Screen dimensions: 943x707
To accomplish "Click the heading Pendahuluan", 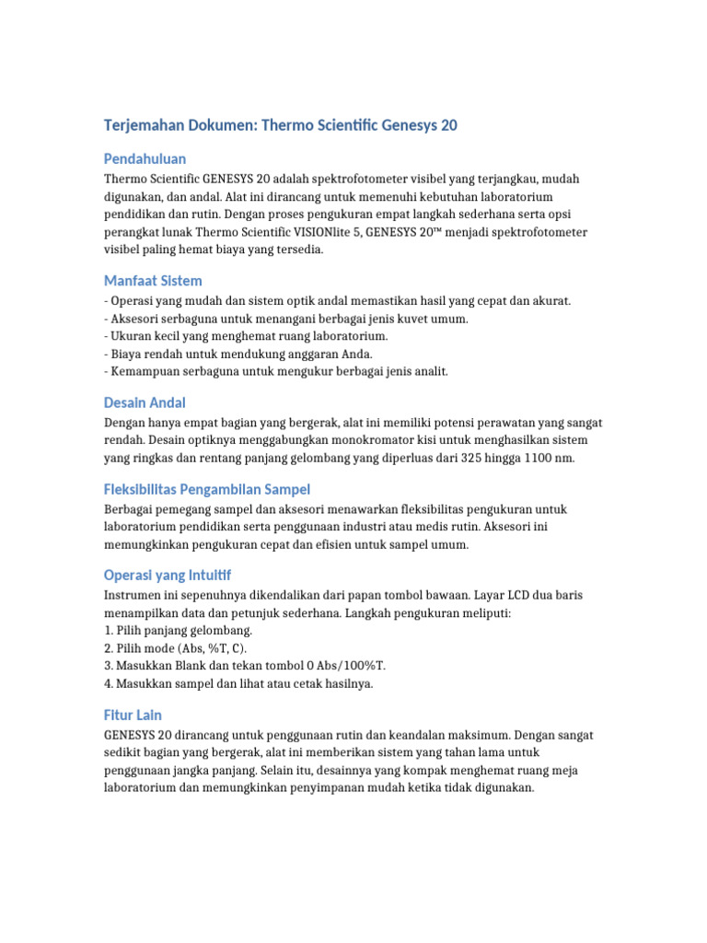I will (145, 158).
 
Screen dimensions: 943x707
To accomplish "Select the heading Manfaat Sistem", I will (153, 280).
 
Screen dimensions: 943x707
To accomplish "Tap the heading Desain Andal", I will (145, 402).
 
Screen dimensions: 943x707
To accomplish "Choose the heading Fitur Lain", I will (133, 715).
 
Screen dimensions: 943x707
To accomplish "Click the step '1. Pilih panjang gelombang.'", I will (179, 631).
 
